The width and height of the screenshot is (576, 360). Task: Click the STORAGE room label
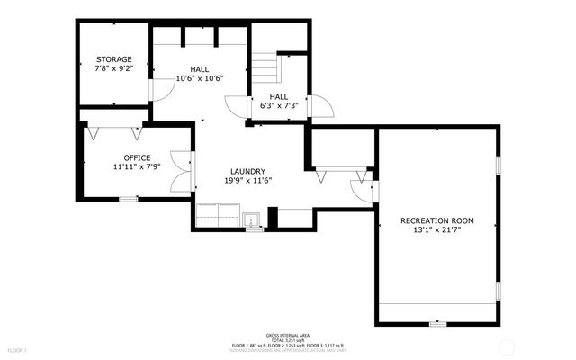point(114,59)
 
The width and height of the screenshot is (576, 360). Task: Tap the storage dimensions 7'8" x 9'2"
point(114,68)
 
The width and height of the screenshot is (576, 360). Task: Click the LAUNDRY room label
point(247,171)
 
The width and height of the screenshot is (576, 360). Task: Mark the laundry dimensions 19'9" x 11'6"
point(247,180)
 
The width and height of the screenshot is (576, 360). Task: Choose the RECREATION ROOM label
point(437,220)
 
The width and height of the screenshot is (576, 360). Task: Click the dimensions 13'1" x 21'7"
point(437,229)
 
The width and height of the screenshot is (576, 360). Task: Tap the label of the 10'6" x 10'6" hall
point(200,68)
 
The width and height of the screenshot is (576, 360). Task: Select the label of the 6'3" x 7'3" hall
point(279,96)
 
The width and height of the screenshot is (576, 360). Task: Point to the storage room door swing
point(159,89)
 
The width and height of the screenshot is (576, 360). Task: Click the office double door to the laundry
point(180,170)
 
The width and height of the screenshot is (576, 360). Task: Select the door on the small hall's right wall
point(321,105)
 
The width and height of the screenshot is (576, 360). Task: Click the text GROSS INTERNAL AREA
point(287,332)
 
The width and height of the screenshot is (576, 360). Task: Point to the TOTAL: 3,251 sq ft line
point(287,337)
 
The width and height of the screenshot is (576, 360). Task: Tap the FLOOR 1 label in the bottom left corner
point(18,349)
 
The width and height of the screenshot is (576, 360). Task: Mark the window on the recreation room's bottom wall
point(437,322)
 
